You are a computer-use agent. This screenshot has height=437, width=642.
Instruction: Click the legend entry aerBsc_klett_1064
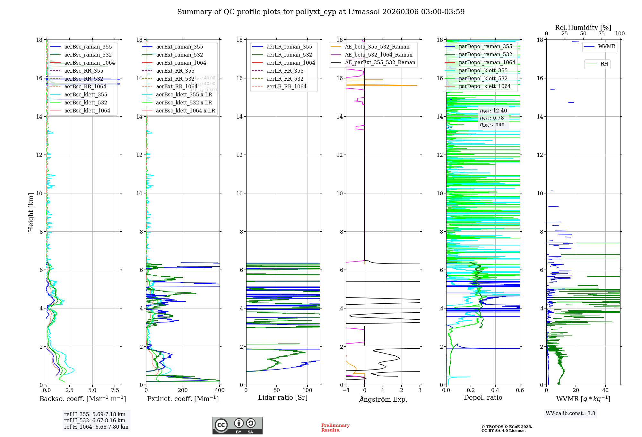pyautogui.click(x=87, y=111)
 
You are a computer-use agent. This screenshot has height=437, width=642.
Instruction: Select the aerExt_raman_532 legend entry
pyautogui.click(x=179, y=55)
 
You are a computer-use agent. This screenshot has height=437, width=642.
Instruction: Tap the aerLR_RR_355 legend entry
pyautogui.click(x=285, y=71)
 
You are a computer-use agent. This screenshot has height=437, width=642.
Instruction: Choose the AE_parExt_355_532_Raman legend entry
pyautogui.click(x=380, y=62)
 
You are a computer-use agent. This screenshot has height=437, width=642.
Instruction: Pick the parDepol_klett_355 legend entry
pyautogui.click(x=483, y=70)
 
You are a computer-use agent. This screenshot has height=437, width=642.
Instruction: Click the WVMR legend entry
pyautogui.click(x=607, y=47)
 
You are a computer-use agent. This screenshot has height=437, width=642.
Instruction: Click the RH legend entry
pyautogui.click(x=604, y=64)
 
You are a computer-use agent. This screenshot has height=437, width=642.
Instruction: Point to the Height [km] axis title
pyautogui.click(x=31, y=212)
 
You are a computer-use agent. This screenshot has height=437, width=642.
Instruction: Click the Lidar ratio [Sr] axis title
pyautogui.click(x=283, y=397)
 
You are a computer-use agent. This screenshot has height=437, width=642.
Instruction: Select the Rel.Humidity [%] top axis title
pyautogui.click(x=583, y=28)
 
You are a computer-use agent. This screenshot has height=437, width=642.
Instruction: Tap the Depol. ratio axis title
pyautogui.click(x=483, y=397)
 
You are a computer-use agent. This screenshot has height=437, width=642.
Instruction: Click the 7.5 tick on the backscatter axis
pyautogui.click(x=115, y=390)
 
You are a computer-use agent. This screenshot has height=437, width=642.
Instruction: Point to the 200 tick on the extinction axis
pyautogui.click(x=183, y=390)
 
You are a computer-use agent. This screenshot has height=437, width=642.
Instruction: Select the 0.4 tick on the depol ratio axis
pyautogui.click(x=495, y=390)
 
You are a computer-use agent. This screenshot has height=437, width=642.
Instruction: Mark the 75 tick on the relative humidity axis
pyautogui.click(x=602, y=34)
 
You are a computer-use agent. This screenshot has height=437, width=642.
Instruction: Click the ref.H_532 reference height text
pyautogui.click(x=95, y=421)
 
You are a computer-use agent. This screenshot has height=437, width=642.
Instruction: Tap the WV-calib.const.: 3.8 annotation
pyautogui.click(x=570, y=414)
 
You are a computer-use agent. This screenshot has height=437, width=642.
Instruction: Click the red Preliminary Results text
pyautogui.click(x=335, y=428)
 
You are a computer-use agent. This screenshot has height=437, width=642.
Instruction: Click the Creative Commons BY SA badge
pyautogui.click(x=237, y=425)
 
